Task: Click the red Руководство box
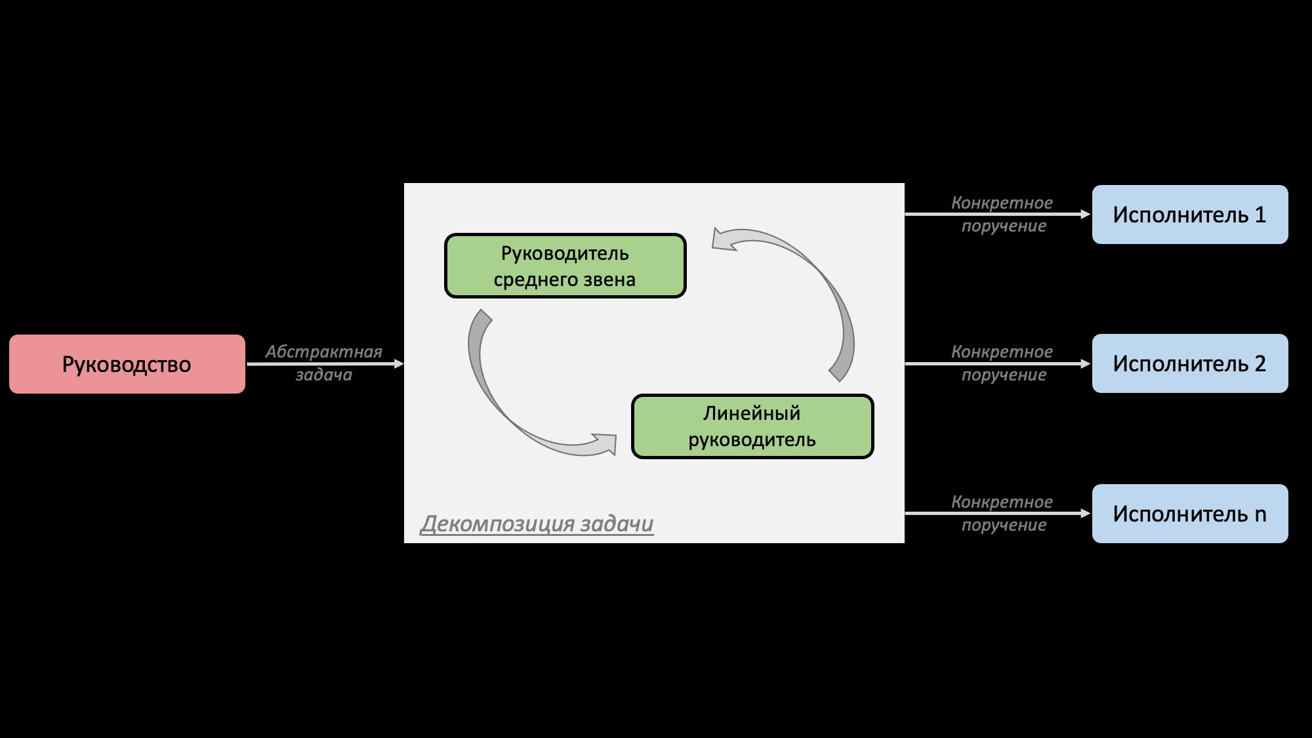(127, 364)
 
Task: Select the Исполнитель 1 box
(1189, 215)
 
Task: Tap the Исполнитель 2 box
(1189, 363)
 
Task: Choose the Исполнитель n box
(1189, 514)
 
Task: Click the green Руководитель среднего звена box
(565, 266)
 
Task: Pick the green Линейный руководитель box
(752, 426)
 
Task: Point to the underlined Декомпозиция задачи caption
(537, 523)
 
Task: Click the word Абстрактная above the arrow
(323, 352)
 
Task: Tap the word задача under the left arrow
(323, 375)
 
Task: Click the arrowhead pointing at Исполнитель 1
(1085, 214)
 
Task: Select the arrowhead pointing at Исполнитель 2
(1085, 363)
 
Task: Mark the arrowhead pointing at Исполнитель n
(1085, 513)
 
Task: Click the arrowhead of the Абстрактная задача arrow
(399, 363)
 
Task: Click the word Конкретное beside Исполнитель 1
(1002, 203)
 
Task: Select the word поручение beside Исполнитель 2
(1004, 375)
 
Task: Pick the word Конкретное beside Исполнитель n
(1002, 502)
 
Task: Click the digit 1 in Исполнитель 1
(1260, 215)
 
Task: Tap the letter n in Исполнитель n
(1260, 515)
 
